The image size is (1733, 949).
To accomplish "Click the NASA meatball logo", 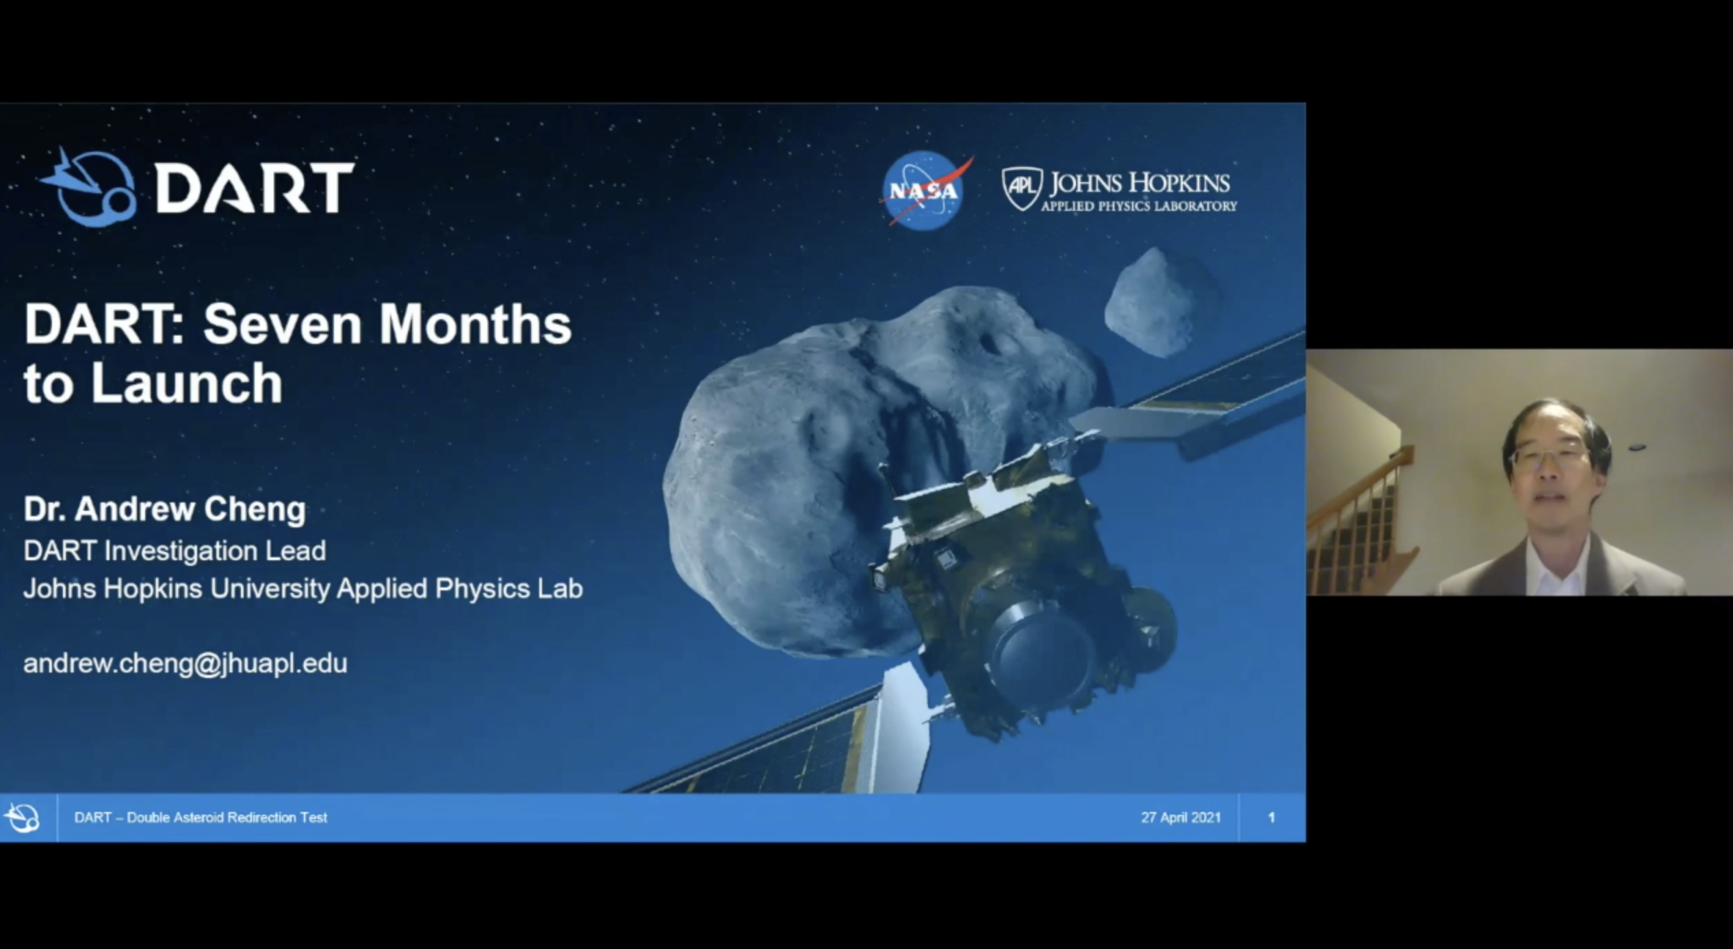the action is [x=924, y=190].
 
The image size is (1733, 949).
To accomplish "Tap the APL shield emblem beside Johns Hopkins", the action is [x=1022, y=188].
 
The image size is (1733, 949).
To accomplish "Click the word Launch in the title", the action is [x=186, y=383].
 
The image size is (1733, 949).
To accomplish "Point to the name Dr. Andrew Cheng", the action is [x=165, y=509].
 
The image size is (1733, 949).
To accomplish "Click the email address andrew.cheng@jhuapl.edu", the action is [x=185, y=663].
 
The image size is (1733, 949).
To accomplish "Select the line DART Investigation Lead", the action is [x=175, y=551].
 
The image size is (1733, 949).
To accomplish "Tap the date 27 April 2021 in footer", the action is [x=1181, y=818].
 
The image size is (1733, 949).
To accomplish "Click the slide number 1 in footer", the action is [x=1271, y=818].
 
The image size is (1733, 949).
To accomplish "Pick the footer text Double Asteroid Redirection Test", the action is [x=227, y=818].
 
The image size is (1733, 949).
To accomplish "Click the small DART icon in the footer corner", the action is [x=22, y=818].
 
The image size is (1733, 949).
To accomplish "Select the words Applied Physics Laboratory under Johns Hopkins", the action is [x=1139, y=205].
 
